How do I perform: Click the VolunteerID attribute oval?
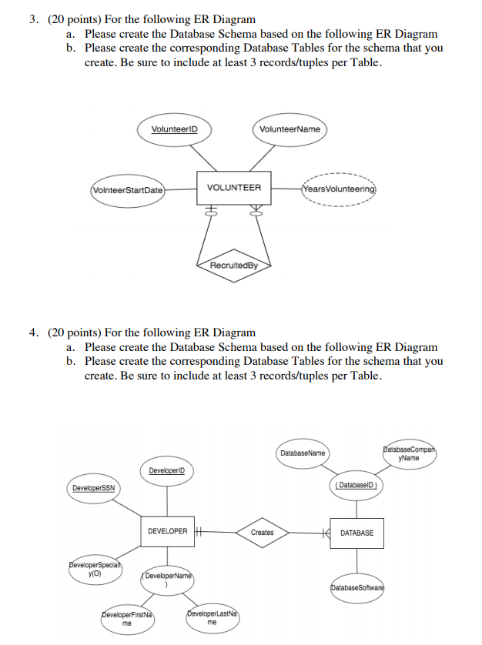(x=174, y=129)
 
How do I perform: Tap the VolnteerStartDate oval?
(x=128, y=189)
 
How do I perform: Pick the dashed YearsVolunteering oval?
(x=339, y=189)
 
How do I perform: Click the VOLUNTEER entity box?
(x=234, y=188)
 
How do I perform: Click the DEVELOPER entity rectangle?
(x=167, y=531)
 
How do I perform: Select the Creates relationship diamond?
(x=262, y=532)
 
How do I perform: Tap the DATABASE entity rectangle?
(x=356, y=533)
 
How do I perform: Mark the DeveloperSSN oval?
(x=93, y=488)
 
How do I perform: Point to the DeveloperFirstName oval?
(x=129, y=619)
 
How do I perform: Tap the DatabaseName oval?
(x=302, y=453)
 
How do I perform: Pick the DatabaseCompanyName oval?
(x=409, y=453)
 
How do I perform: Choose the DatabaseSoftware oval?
(x=356, y=587)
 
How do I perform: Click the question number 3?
(x=34, y=19)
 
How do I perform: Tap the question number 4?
(x=34, y=333)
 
